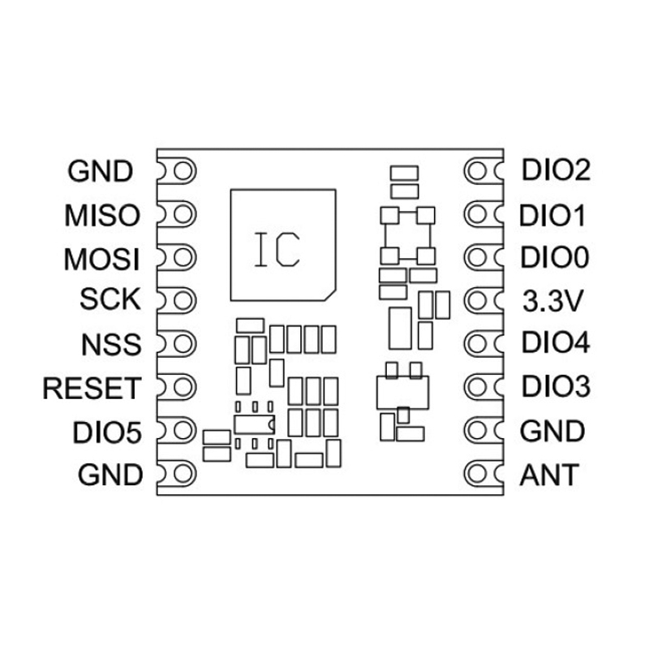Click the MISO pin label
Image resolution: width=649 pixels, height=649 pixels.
click(101, 216)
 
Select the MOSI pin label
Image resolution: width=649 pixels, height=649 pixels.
click(101, 259)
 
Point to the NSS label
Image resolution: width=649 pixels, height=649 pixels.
click(111, 345)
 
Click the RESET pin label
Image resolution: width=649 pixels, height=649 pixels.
click(92, 389)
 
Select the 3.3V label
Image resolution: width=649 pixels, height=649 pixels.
click(551, 303)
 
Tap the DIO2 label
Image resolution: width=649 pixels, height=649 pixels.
click(555, 171)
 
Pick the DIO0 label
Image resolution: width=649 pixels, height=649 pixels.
click(555, 259)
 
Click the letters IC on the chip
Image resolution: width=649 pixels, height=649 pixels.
click(276, 249)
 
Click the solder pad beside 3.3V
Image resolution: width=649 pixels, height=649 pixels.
click(479, 301)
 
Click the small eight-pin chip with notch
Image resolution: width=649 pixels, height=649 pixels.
click(254, 424)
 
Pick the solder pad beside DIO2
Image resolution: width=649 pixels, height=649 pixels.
click(479, 171)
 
